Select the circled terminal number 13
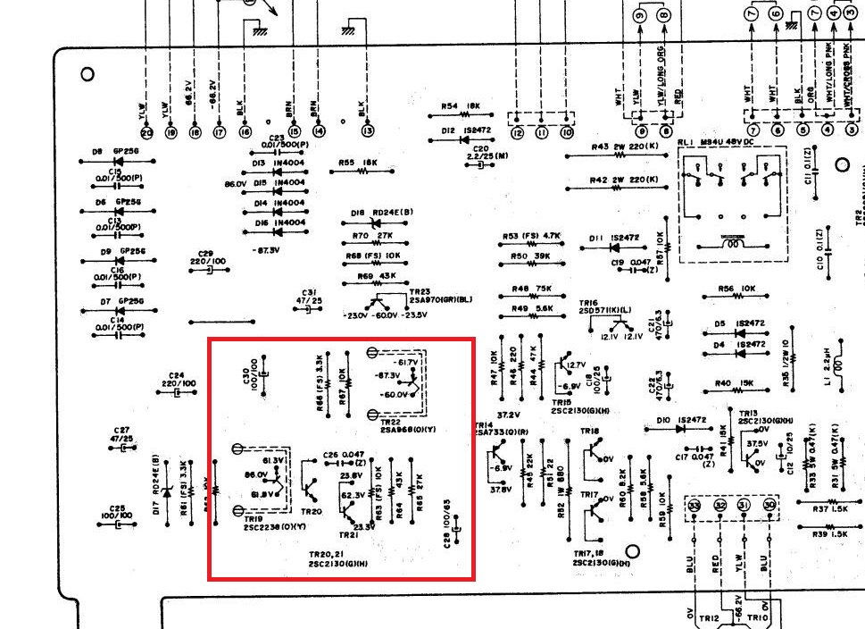[x=368, y=132]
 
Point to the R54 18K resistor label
[x=462, y=106]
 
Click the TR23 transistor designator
[x=420, y=292]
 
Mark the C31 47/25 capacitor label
[x=310, y=297]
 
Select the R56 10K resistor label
[x=736, y=289]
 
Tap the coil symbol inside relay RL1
[x=731, y=242]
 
